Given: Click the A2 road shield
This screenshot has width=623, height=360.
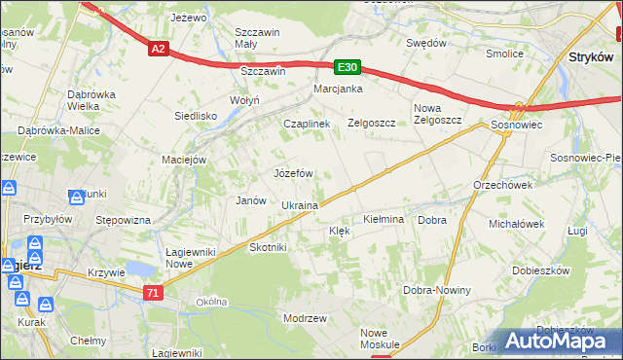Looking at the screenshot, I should point(160,48).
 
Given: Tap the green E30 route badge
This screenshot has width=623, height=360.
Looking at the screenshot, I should point(348,67).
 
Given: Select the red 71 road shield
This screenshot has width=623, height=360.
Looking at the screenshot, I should point(152,293).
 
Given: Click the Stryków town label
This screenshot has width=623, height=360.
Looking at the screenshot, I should point(588,57).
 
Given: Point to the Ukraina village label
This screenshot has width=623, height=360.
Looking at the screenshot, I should point(300,206).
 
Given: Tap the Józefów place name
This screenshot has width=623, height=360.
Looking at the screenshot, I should point(293,173).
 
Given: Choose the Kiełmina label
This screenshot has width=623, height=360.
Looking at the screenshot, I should point(383,220).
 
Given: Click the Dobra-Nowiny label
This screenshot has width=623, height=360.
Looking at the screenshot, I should point(437,290).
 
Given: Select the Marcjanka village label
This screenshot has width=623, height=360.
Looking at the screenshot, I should point(338,90).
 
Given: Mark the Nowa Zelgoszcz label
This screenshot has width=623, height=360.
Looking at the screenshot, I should point(436,114).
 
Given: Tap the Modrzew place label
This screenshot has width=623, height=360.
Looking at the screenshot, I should point(304,318).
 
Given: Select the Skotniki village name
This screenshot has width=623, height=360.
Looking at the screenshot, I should point(269,247).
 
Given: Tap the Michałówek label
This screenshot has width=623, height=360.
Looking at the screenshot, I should point(517,224).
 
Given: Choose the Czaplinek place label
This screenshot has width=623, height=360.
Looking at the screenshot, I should point(307,125).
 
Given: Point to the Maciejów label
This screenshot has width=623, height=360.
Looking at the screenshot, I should point(184,160).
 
